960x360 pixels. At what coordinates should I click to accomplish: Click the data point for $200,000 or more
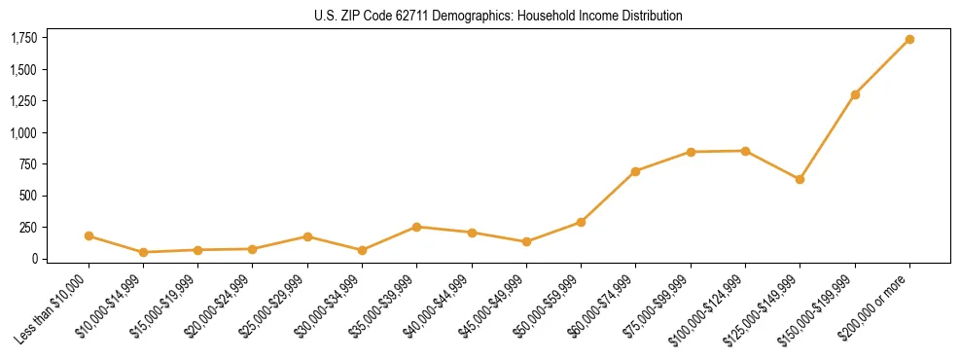(x=909, y=39)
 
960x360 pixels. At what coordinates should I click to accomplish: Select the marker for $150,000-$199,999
(x=855, y=94)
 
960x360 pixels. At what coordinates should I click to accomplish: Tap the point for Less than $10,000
(x=89, y=235)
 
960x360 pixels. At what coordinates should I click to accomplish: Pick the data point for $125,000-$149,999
(x=800, y=179)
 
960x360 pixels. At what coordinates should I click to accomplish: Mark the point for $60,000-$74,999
(x=636, y=171)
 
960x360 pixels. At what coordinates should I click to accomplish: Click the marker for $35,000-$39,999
(x=416, y=227)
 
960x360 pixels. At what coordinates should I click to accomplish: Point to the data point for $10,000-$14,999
(x=143, y=252)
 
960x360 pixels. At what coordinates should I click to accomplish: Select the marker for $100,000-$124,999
(x=745, y=151)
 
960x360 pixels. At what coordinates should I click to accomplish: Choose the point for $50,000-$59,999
(x=581, y=222)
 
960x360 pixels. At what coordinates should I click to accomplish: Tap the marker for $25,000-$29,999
(x=307, y=236)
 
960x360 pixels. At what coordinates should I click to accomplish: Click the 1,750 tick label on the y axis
(x=23, y=38)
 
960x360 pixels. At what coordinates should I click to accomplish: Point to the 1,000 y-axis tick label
(x=23, y=132)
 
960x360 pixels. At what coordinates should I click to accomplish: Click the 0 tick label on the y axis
(x=35, y=259)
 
